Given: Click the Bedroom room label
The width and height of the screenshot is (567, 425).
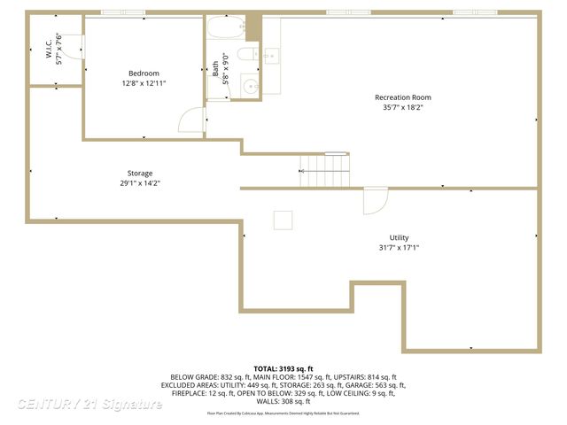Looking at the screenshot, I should (144, 73).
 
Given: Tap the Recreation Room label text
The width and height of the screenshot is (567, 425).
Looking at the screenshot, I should (402, 97).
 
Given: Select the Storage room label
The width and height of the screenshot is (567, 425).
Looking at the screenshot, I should (139, 173).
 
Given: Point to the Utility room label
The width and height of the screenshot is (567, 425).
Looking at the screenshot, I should (399, 237).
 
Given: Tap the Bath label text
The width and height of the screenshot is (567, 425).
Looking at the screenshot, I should (215, 68).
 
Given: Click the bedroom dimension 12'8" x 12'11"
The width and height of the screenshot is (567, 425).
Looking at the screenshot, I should (144, 83).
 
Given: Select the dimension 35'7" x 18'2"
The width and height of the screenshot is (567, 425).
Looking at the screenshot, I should (402, 108).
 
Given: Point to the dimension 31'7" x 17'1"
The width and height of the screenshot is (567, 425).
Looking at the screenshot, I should (399, 248).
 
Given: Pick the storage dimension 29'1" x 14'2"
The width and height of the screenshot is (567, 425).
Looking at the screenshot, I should (139, 183).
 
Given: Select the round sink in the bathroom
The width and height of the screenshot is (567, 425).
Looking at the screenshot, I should (250, 87).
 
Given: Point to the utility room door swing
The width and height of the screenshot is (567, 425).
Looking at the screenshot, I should (376, 200).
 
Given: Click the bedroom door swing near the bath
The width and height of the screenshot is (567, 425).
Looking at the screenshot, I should (192, 120).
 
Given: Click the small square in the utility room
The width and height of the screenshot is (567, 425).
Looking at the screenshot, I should (283, 220).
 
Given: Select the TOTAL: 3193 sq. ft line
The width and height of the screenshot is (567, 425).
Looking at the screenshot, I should (283, 368).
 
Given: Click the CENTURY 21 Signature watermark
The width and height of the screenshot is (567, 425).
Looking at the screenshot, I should (89, 405).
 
